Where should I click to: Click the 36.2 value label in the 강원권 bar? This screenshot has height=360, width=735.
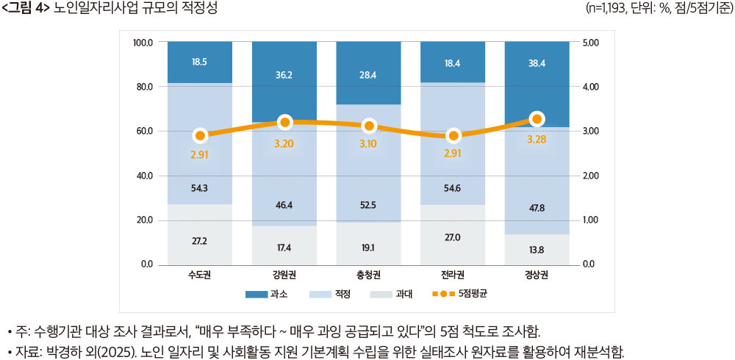coord(284,74)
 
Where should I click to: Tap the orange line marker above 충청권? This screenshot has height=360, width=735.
coord(369,126)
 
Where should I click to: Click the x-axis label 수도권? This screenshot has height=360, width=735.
coord(200,276)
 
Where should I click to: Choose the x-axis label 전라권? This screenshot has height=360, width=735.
coord(453,276)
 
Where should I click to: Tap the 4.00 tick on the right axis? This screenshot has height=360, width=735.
coord(591,87)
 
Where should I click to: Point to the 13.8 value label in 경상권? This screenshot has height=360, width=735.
coord(537,250)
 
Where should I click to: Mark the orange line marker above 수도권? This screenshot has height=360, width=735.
coord(200,135)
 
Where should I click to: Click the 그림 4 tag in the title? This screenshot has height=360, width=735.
coord(26,8)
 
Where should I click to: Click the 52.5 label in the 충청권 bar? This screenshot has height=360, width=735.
coord(368,205)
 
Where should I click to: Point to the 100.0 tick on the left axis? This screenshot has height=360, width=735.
coord(142,43)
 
